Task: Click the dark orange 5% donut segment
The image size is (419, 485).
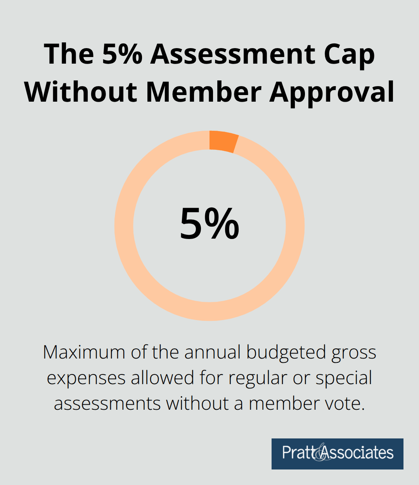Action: point(223,141)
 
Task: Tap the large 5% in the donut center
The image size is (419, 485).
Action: point(209,224)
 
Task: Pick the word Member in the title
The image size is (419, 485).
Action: point(203,92)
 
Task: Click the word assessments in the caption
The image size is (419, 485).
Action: point(107,404)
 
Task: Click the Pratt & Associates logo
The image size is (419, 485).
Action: point(337,454)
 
